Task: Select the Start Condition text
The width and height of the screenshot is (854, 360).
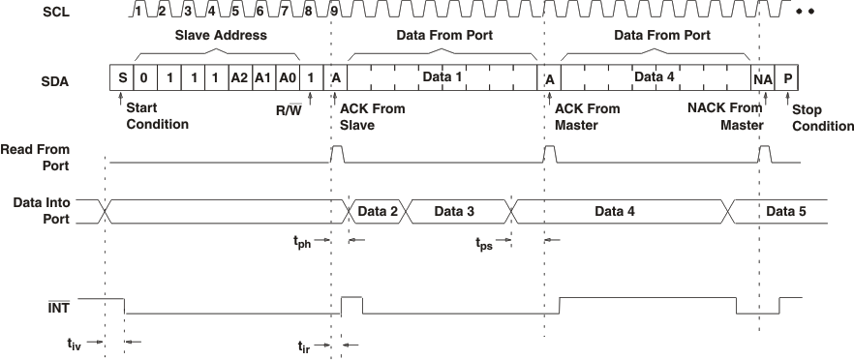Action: (x=158, y=116)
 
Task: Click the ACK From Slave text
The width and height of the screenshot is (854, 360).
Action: (x=373, y=116)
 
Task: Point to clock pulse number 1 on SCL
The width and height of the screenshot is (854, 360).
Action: (x=138, y=12)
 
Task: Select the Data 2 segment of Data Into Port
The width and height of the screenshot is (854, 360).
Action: (x=378, y=211)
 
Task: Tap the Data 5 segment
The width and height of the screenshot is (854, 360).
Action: (x=785, y=211)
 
